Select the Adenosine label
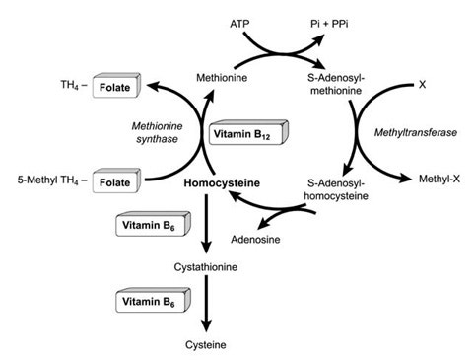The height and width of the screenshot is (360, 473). click(249, 239)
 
